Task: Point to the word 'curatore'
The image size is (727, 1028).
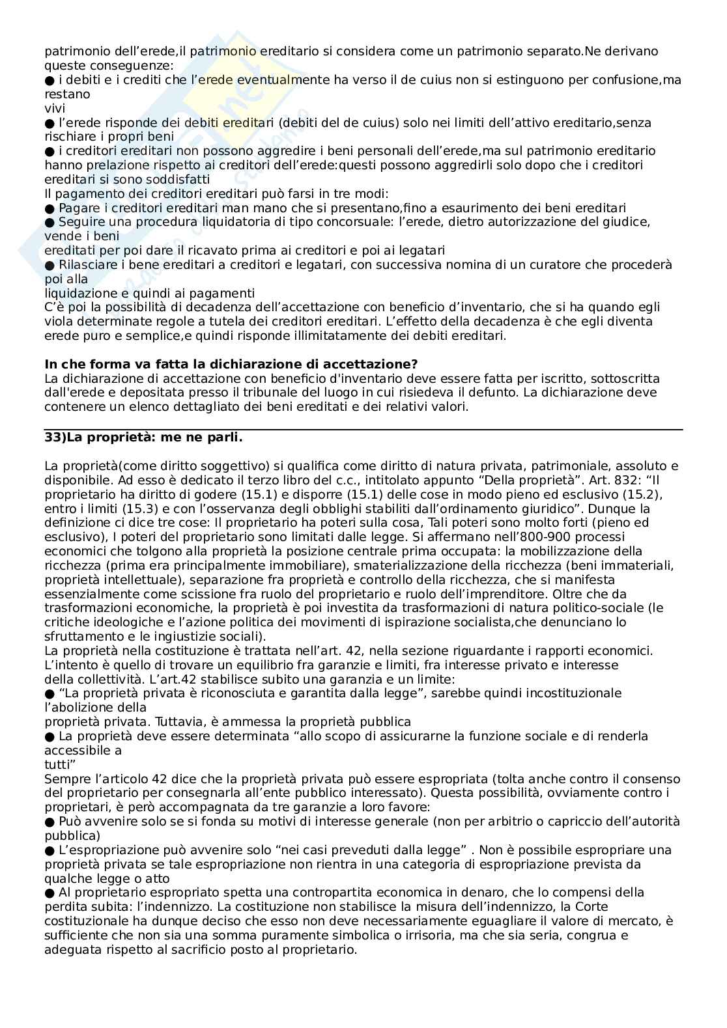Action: (565, 265)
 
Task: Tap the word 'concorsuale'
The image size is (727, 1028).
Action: (304, 222)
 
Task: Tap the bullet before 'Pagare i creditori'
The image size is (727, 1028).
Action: (50, 208)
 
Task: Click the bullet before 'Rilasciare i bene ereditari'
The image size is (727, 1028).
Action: (50, 265)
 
